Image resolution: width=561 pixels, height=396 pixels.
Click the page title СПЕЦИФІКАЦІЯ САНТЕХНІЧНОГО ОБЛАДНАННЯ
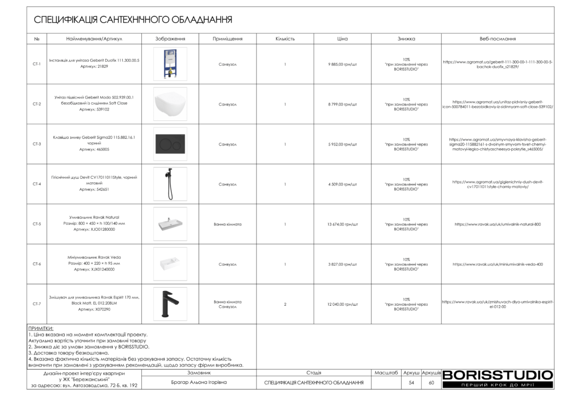(x=133, y=20)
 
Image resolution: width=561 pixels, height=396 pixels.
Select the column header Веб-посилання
(x=497, y=39)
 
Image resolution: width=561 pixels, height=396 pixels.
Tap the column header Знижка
(x=406, y=39)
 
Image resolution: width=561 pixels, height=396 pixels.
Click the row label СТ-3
(x=37, y=144)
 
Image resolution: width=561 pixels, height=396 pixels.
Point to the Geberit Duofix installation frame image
(x=170, y=64)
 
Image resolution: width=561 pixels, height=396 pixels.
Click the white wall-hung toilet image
(x=170, y=104)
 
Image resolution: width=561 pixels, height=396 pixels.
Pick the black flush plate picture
(x=170, y=144)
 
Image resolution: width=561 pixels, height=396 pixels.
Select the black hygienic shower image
(x=170, y=184)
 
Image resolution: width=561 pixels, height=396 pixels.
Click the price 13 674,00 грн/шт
(x=342, y=224)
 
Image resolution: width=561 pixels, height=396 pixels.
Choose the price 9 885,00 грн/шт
(x=342, y=64)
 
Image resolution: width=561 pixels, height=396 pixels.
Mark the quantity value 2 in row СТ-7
(x=285, y=304)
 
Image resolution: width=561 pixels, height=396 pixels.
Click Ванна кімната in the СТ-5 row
(x=227, y=224)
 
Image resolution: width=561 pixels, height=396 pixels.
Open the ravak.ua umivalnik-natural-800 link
(x=497, y=224)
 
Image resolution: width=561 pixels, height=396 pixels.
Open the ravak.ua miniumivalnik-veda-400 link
(x=497, y=264)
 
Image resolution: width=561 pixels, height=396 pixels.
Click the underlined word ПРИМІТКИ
(x=40, y=329)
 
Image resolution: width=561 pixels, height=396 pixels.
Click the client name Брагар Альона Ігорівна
(x=199, y=382)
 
